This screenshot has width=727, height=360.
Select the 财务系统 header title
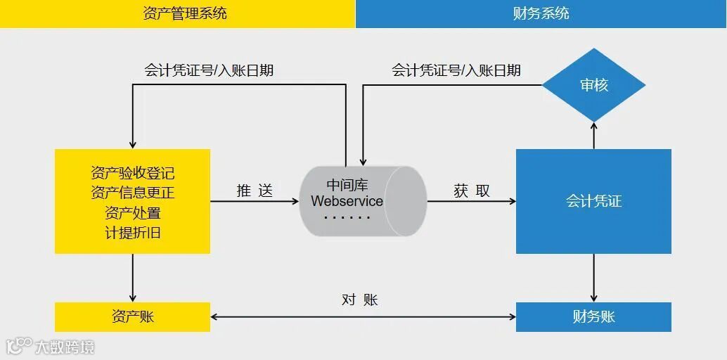point(541,13)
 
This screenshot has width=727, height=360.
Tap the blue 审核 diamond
point(594,85)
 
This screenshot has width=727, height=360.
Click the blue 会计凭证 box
point(593,201)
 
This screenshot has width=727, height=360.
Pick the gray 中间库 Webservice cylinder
point(362,201)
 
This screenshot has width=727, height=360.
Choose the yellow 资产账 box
point(132,316)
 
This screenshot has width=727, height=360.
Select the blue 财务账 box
point(593,316)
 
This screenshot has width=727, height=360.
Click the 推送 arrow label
point(254,191)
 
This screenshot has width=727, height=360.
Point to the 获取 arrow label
point(471,191)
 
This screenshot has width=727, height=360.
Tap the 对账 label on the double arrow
point(360,300)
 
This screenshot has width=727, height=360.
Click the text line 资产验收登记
point(132,173)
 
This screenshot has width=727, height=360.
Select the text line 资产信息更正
point(132,193)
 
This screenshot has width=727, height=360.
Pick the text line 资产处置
point(132,212)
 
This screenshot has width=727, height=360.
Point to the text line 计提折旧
point(132,233)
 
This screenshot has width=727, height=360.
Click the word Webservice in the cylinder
point(347,201)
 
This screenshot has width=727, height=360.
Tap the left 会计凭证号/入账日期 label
point(209,70)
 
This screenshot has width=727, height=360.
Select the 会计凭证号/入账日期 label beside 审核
point(456,70)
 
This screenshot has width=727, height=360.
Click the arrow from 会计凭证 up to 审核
point(594,135)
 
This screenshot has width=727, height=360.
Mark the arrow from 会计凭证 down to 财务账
point(594,278)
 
